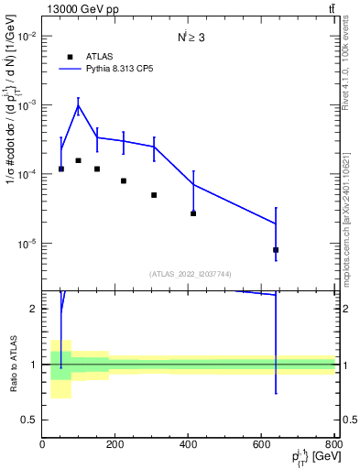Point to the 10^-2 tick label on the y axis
coord(27,37)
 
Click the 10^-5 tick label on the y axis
coord(27,245)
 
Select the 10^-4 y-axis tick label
coord(27,175)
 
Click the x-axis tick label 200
coord(115,445)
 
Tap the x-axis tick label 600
coord(262,445)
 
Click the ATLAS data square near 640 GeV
coord(276,250)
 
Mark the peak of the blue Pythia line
coord(79,105)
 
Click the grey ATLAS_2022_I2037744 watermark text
coord(189,274)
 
